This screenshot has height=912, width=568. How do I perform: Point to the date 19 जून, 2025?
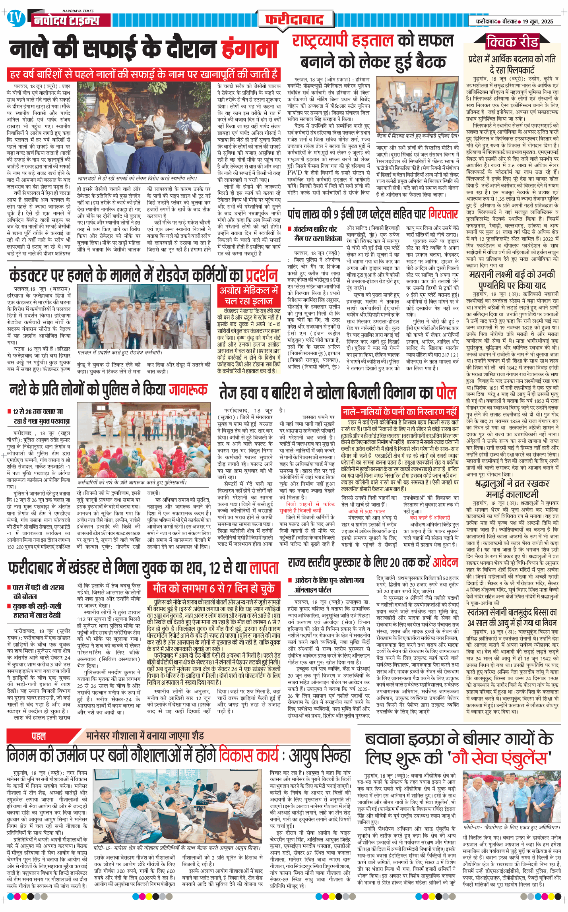coord(537,21)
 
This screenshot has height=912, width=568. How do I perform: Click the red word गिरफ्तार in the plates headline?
coord(443,215)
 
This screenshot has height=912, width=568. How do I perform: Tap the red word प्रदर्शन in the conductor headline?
coord(261,275)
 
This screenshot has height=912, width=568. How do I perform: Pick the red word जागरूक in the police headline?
coord(188,389)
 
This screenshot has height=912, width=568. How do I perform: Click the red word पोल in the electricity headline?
coord(446,393)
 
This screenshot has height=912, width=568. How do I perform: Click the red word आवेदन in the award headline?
coord(445,562)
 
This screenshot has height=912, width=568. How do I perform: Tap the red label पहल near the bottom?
coord(39,736)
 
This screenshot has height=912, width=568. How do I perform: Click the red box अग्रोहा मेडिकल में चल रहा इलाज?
coord(249,296)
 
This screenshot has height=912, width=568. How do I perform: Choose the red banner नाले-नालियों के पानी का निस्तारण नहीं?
coord(399,412)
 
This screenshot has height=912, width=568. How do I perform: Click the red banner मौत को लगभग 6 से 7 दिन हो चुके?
coord(214,588)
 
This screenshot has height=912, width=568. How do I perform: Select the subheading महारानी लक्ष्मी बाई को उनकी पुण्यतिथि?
coord(512,280)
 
